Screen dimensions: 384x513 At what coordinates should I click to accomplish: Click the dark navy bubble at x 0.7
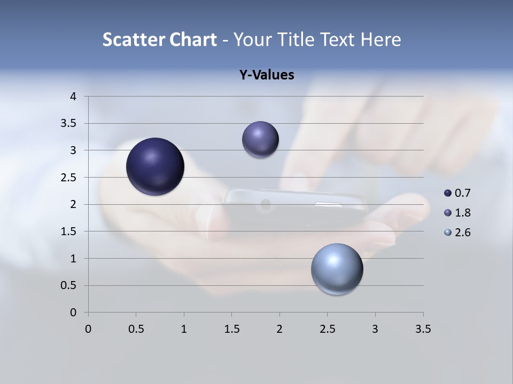(156, 166)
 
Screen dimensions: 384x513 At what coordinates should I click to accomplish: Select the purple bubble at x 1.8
(260, 140)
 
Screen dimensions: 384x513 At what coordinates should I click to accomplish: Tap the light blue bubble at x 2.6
(337, 269)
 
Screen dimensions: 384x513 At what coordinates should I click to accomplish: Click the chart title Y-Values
(266, 75)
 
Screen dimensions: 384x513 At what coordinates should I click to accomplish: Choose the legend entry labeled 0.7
(457, 193)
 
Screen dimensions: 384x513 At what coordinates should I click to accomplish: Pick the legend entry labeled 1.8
(457, 213)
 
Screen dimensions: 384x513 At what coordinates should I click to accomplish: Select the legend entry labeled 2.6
(457, 233)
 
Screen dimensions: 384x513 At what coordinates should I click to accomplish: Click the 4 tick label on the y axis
(73, 97)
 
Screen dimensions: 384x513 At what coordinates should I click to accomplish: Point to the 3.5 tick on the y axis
(69, 124)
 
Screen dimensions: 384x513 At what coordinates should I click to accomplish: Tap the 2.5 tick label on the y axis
(69, 178)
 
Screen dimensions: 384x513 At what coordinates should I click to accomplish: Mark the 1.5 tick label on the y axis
(69, 231)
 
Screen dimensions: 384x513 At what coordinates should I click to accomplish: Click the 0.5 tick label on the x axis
(136, 329)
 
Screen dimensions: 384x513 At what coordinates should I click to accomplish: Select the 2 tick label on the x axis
(279, 329)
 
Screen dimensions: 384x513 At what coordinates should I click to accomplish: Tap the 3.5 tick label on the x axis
(423, 329)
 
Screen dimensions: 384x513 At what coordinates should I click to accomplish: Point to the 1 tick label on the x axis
(184, 329)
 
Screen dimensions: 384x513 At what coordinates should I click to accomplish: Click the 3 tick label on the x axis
(375, 329)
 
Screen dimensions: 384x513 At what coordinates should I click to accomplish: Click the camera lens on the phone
(265, 205)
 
